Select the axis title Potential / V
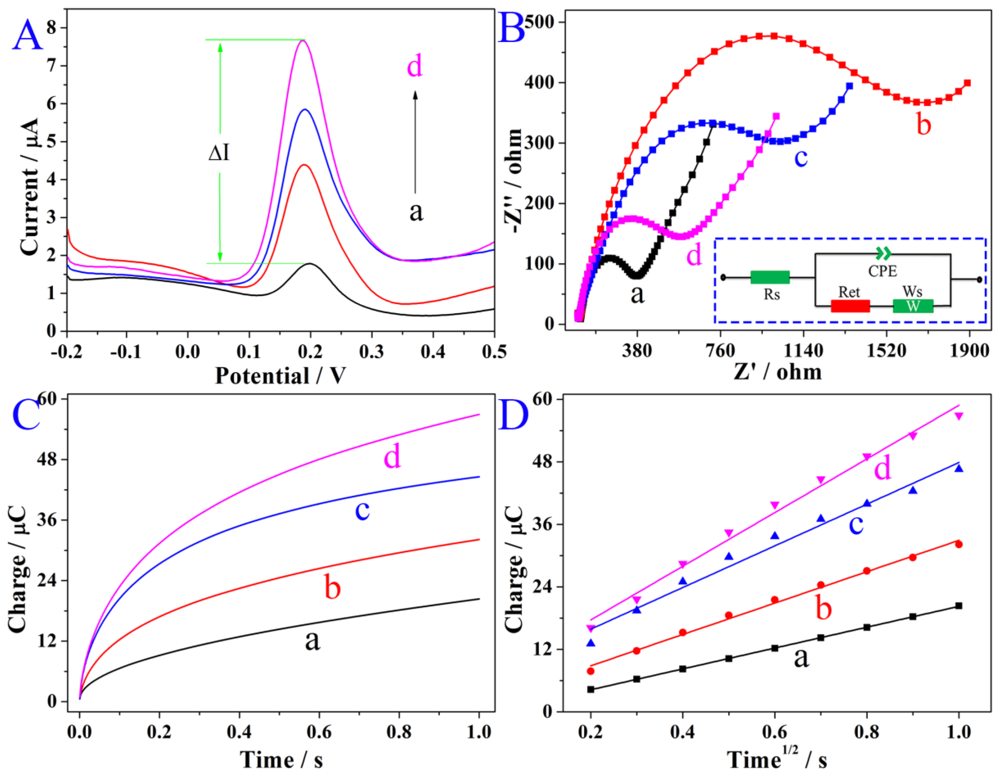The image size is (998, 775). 280,376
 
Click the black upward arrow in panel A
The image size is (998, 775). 415,142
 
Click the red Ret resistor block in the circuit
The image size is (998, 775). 850,306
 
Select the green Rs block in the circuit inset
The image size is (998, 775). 770,277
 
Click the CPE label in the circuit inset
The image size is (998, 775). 882,271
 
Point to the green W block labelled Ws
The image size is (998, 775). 913,306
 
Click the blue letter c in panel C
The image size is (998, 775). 362,511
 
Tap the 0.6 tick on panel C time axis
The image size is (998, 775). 319,732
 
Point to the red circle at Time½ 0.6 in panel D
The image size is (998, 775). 774,600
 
